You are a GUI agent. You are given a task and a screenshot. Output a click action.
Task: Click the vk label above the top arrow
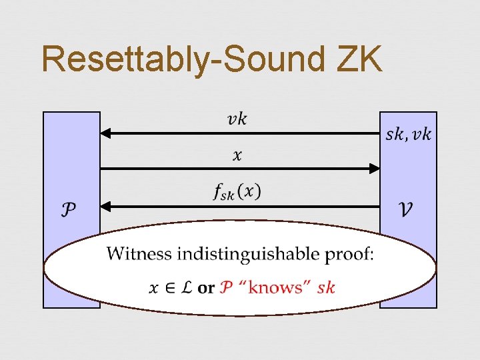[x=237, y=119]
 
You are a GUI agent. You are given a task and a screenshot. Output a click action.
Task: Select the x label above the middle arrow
[x=237, y=155]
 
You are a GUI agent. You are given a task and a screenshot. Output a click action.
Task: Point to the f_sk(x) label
[x=237, y=191]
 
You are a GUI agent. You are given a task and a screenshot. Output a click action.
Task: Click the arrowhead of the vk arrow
[x=105, y=133]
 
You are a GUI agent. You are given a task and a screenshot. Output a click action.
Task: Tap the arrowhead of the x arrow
[x=374, y=169]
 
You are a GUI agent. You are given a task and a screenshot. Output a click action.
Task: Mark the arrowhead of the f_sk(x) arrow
[x=105, y=205]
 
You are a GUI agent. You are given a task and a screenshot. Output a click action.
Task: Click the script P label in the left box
[x=69, y=209]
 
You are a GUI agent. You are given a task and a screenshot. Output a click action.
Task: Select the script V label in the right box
[x=405, y=209]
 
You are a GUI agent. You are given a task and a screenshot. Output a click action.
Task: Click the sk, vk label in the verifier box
[x=408, y=135]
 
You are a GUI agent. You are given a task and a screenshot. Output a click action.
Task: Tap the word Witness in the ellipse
[x=137, y=254]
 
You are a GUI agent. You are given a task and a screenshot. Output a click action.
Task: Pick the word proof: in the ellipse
[x=353, y=254]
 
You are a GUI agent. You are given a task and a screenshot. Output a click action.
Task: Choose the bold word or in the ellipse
[x=206, y=288]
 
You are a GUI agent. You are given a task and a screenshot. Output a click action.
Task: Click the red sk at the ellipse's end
[x=326, y=288]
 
